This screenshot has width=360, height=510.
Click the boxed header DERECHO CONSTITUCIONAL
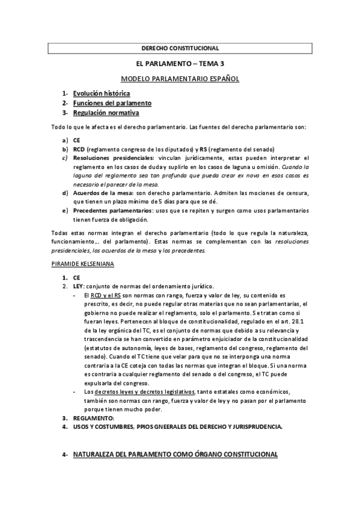(x=180, y=48)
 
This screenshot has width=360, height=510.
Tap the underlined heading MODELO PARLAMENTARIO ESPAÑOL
(x=180, y=79)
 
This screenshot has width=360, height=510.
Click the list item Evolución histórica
(x=102, y=94)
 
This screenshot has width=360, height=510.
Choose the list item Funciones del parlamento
(x=112, y=103)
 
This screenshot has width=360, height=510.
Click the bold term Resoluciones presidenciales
(x=111, y=158)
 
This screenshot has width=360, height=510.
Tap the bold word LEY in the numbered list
(x=79, y=286)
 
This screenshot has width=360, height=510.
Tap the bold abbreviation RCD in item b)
(x=79, y=149)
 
